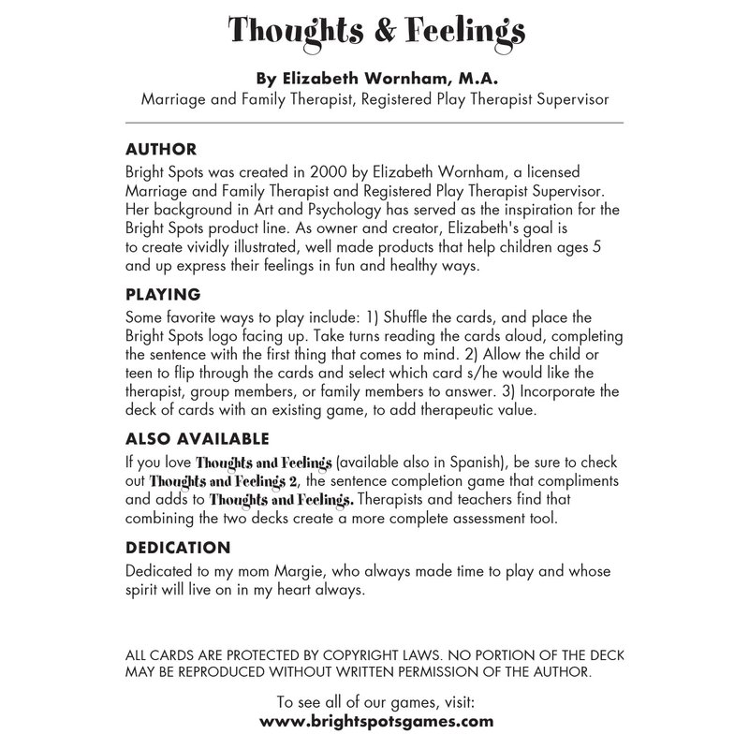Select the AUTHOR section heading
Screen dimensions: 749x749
pyautogui.click(x=160, y=149)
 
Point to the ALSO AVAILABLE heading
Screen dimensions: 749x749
pyautogui.click(x=197, y=438)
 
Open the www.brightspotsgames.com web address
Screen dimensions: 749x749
pyautogui.click(x=374, y=721)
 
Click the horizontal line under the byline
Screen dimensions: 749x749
pyautogui.click(x=374, y=123)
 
